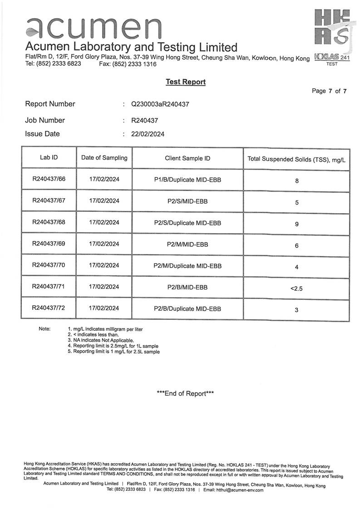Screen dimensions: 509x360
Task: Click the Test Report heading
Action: click(185, 82)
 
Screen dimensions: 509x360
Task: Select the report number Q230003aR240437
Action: click(160, 104)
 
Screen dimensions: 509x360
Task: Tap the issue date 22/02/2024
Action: click(148, 134)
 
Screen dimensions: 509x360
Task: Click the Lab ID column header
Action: click(49, 158)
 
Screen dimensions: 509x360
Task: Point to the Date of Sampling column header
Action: click(104, 158)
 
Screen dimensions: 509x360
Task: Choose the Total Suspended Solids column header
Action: click(296, 159)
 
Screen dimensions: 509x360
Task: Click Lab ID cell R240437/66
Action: click(49, 179)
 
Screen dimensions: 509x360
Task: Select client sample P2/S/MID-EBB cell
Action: click(187, 201)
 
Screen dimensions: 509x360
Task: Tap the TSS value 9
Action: click(296, 224)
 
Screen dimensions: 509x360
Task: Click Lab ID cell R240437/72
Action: click(49, 308)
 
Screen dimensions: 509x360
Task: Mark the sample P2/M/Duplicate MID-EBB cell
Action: click(187, 266)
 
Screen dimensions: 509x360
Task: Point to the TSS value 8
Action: click(296, 181)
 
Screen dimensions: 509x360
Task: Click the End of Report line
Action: click(185, 393)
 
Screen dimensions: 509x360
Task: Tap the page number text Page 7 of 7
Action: click(329, 91)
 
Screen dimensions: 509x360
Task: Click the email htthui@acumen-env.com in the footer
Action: click(240, 490)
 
